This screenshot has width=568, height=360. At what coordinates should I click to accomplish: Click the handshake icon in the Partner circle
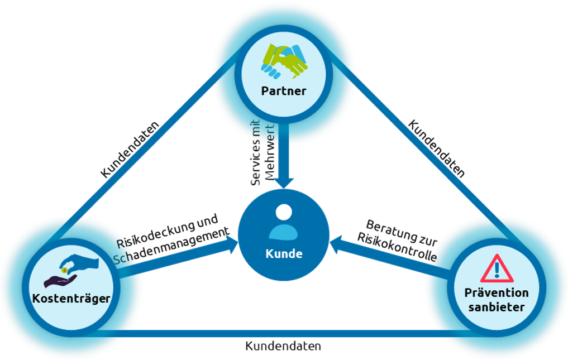point(284,61)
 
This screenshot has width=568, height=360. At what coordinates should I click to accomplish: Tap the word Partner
point(284,91)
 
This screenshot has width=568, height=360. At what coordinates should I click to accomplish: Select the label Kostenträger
point(71,299)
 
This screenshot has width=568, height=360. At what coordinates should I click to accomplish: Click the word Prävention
point(497,292)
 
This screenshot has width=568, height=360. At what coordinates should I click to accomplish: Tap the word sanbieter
point(497,306)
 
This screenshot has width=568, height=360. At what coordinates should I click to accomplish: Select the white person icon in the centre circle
point(284,222)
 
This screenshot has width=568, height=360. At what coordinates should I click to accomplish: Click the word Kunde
point(284,253)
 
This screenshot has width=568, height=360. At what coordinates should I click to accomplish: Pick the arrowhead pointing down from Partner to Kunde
point(284,183)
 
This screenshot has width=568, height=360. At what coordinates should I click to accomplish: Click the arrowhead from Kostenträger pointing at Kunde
point(231,247)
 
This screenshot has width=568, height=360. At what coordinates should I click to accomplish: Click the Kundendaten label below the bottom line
point(283,346)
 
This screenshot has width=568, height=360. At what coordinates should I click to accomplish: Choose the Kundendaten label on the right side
point(436,148)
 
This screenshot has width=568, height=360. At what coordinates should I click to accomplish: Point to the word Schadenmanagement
point(173,246)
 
